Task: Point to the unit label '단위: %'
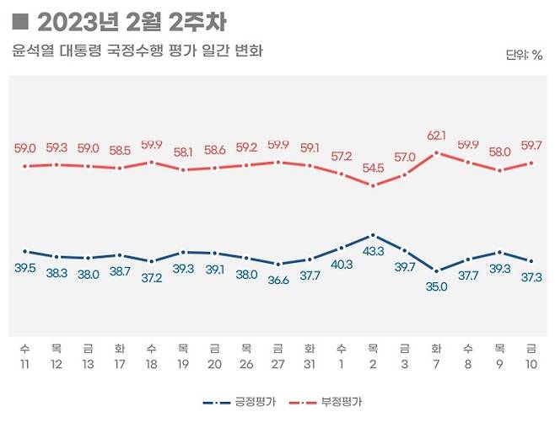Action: tap(524, 56)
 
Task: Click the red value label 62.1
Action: tap(436, 135)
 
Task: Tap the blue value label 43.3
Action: tap(373, 251)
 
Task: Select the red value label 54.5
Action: tap(373, 168)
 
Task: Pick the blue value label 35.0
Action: tap(436, 286)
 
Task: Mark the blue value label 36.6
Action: tap(277, 280)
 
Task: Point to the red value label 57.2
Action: tap(341, 157)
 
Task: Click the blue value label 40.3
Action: tap(341, 264)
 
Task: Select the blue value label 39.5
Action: tap(25, 267)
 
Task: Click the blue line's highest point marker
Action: tap(373, 235)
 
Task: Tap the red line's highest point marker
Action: tap(436, 152)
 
